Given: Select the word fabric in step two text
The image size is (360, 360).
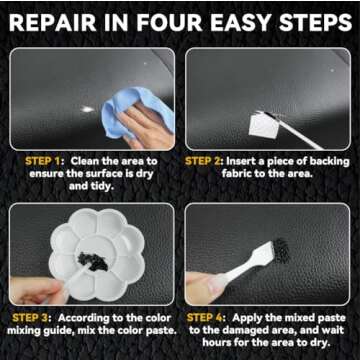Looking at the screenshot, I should (x=209, y=175).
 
